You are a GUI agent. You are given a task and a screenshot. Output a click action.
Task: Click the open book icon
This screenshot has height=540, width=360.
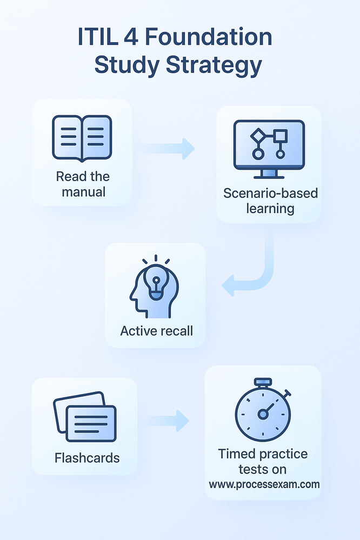pos(82,138)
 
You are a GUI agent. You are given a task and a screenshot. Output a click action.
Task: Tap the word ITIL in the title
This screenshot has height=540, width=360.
pos(94,38)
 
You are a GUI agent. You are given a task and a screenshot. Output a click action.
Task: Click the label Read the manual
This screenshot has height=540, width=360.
pos(82,184)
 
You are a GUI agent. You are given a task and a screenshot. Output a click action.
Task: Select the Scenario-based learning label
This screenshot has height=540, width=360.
pos(270,201)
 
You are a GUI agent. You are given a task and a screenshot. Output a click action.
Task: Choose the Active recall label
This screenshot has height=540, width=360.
pos(156,331)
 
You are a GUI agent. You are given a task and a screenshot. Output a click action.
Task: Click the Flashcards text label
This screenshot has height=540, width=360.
pos(87,458)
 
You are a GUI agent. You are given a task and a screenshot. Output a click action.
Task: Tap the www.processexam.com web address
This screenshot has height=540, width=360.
pos(264,484)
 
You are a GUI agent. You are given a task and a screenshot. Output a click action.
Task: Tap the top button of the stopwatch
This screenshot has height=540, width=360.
pos(263,382)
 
